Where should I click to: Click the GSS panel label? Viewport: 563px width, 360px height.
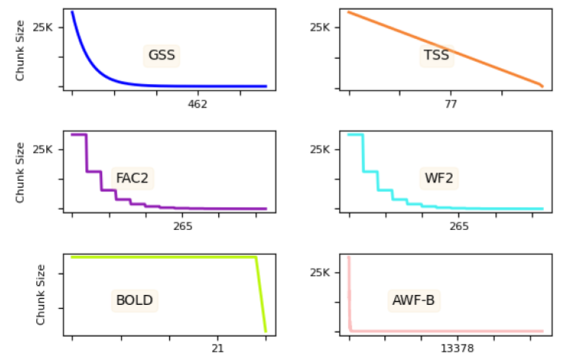162,55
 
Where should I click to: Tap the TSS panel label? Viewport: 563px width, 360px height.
436,55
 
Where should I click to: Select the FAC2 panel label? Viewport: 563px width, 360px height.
132,178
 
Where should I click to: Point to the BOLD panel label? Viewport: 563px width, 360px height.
134,300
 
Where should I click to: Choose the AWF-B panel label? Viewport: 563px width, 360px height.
414,300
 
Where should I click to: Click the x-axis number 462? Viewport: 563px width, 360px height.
197,104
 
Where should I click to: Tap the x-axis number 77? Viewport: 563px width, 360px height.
451,104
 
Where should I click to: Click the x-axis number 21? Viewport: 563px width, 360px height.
217,349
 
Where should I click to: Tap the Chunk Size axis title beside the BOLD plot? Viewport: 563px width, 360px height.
42,294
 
